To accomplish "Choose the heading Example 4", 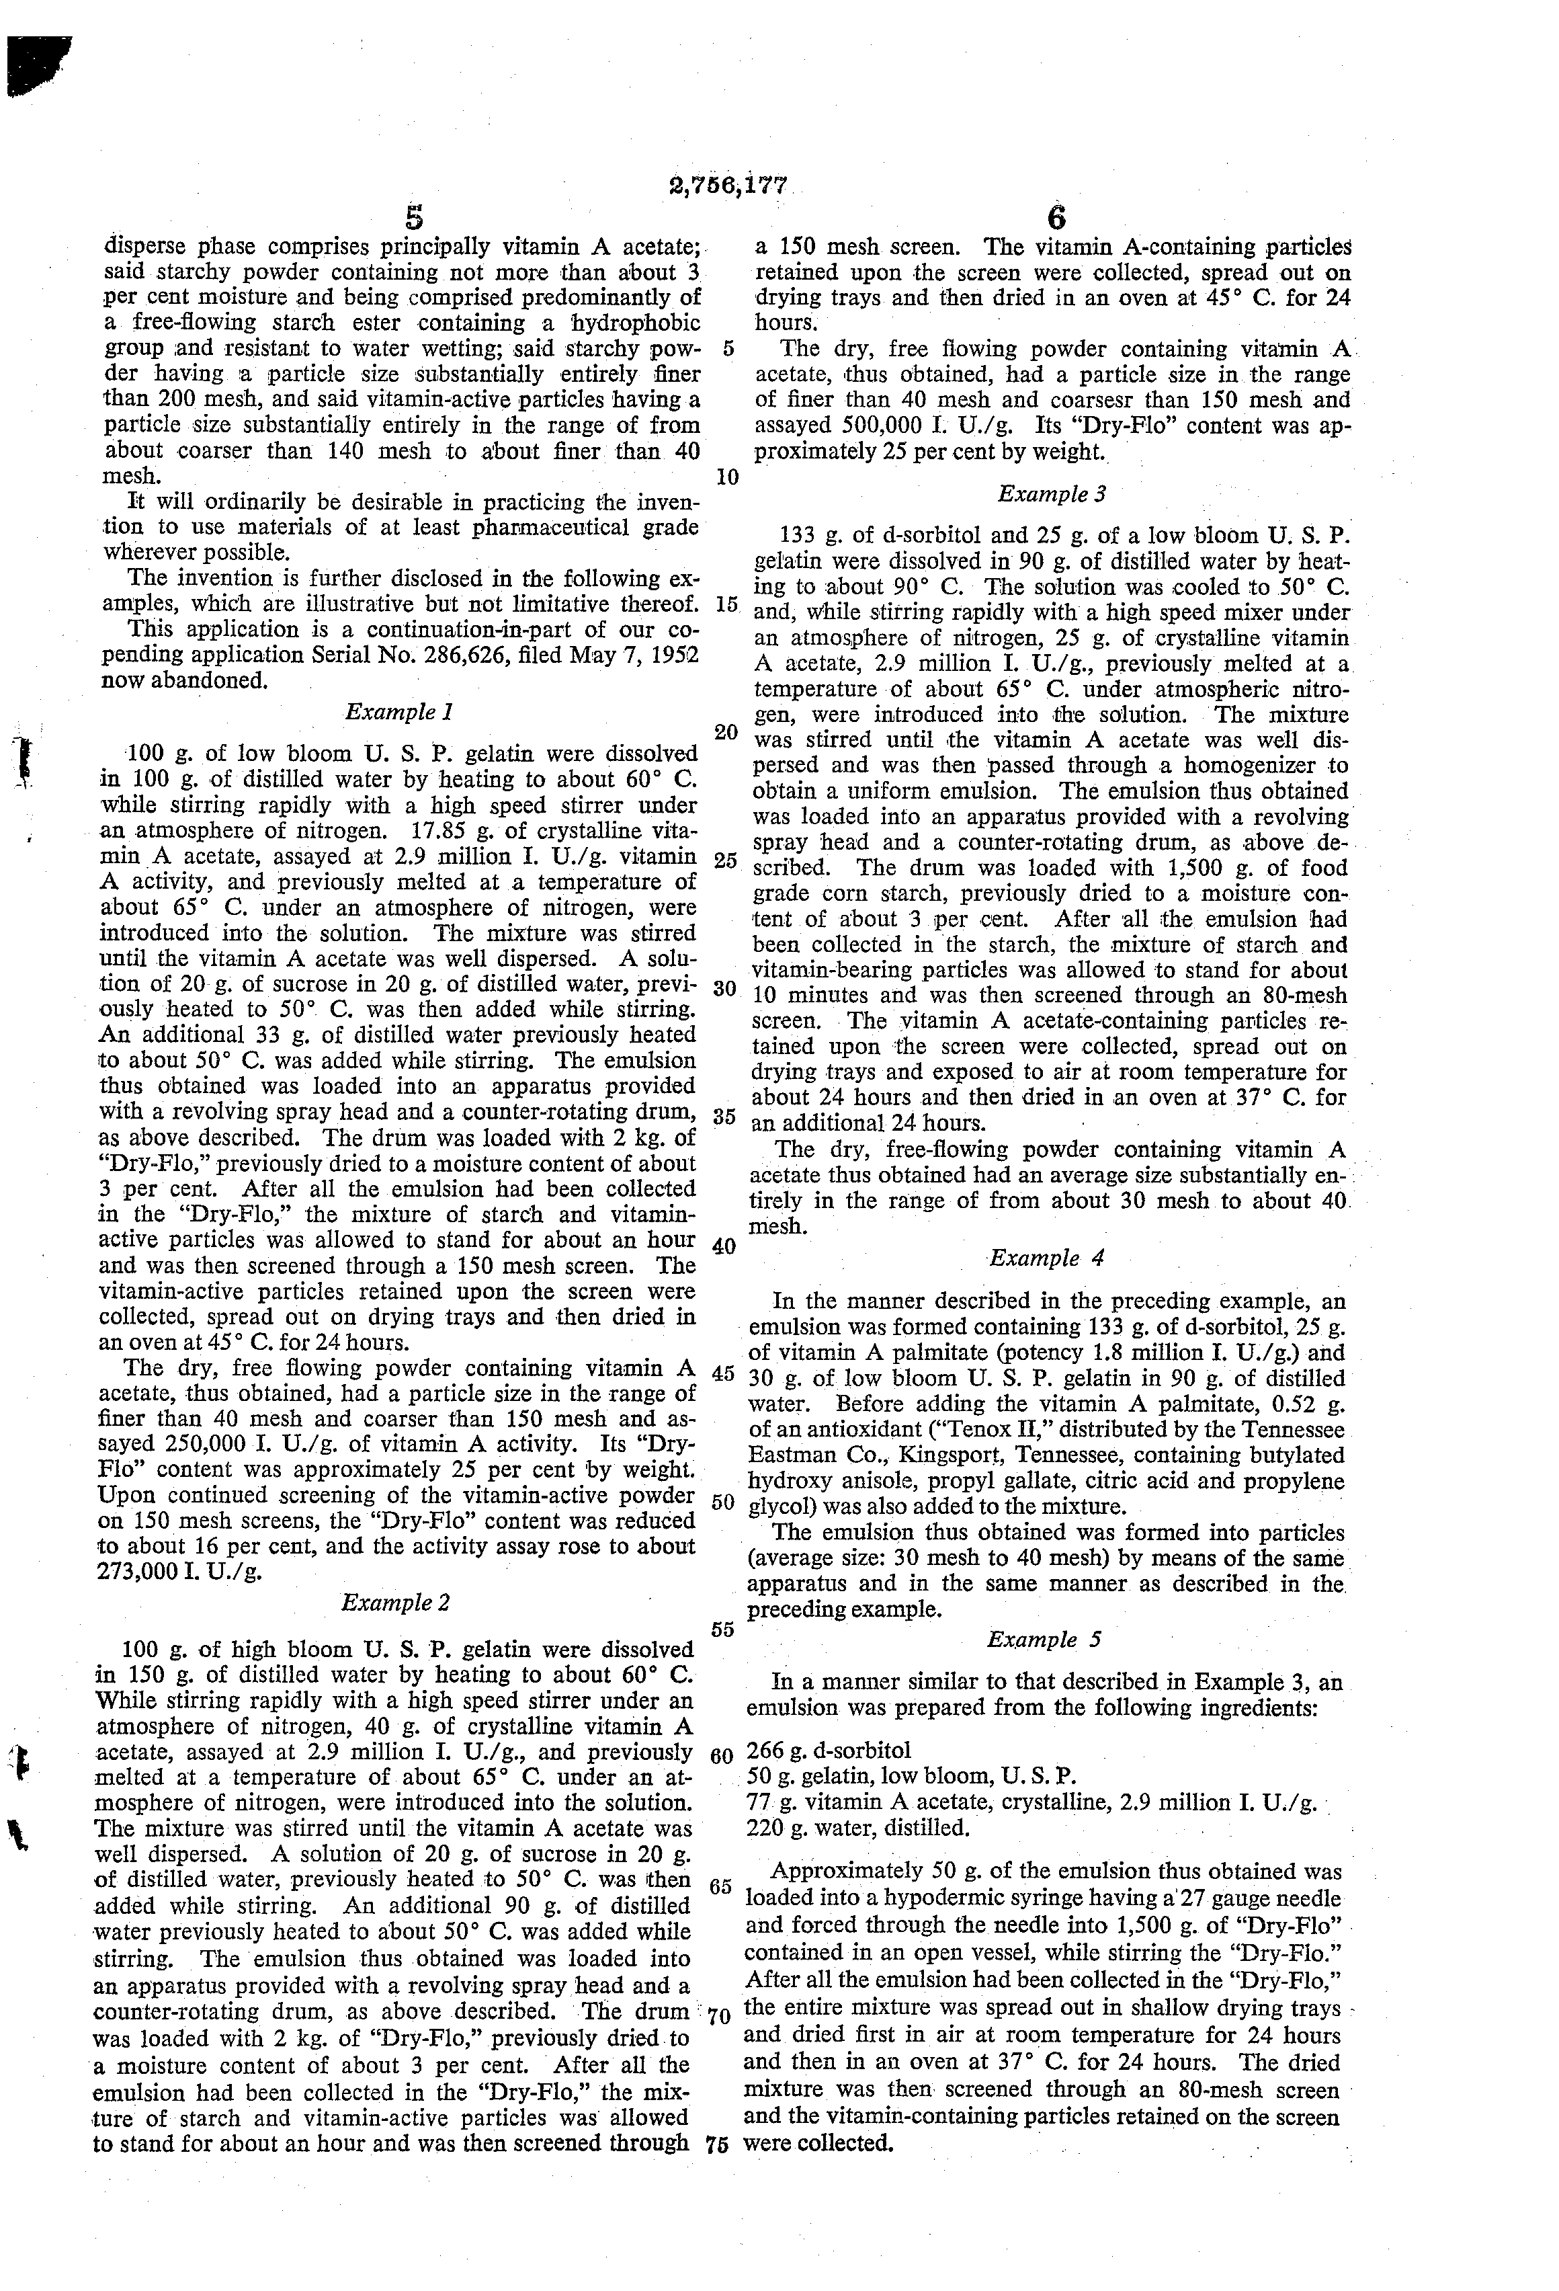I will pos(1046,1258).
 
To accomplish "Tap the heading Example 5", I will pos(1044,1640).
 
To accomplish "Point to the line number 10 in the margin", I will pos(727,478).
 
